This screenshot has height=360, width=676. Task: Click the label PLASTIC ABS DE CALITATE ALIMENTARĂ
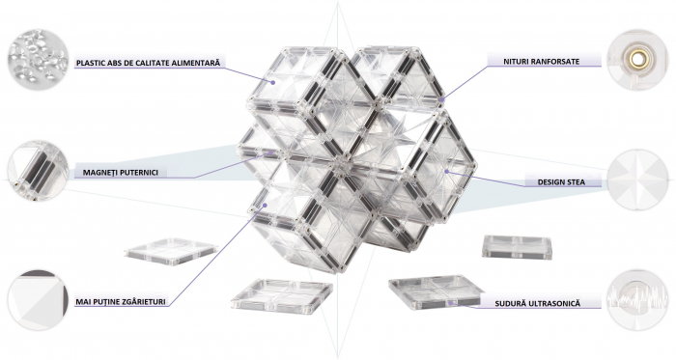pyautogui.click(x=149, y=64)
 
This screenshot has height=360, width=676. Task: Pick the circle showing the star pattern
pyautogui.click(x=638, y=180)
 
